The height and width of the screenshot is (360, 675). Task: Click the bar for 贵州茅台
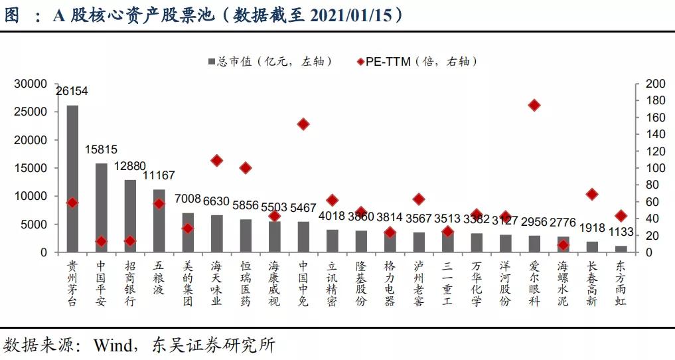72,179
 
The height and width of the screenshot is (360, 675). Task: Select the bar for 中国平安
101,207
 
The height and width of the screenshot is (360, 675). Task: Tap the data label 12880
130,166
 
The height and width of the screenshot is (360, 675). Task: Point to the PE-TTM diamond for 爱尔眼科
534,105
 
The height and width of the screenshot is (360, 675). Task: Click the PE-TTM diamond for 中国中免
303,124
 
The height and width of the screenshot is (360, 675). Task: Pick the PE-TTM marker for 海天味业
216,160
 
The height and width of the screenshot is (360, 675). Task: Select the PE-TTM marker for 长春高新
592,194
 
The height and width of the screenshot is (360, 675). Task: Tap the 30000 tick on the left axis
32,84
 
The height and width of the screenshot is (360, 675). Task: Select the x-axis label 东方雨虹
621,283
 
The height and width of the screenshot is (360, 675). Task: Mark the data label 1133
621,233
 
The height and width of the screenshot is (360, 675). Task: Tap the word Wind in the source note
113,345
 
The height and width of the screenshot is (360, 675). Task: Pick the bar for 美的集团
188,232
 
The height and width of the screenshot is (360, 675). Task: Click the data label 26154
72,91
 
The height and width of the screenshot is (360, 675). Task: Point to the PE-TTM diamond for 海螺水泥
563,245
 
